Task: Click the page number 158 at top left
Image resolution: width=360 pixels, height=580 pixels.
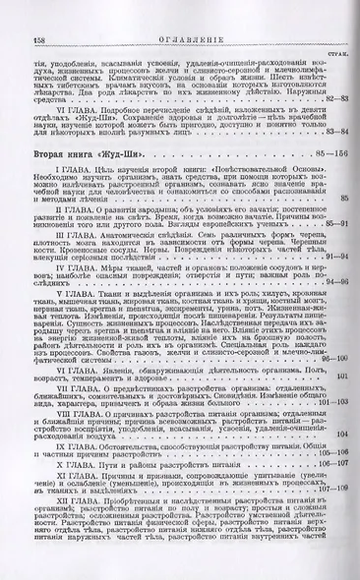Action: click(x=18, y=12)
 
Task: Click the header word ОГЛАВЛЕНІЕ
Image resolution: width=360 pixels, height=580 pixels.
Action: click(x=180, y=13)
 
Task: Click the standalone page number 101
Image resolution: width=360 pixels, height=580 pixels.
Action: click(x=342, y=377)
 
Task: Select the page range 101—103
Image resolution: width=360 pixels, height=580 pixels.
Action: click(x=333, y=402)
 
